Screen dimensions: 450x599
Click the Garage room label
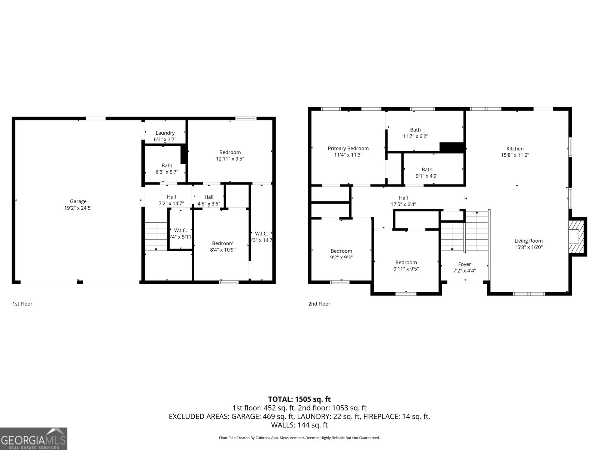(x=78, y=201)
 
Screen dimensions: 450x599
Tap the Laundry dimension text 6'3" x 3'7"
(x=165, y=139)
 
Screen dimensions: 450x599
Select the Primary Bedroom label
(x=348, y=148)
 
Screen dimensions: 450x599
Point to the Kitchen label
(x=515, y=149)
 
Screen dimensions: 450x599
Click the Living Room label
(x=528, y=241)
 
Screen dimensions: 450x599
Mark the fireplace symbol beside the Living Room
(x=577, y=237)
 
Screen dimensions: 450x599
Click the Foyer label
(x=464, y=264)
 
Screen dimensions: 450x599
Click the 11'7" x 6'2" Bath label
(x=415, y=130)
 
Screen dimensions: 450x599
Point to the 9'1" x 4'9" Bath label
(x=427, y=169)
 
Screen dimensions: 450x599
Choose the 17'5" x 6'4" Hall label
(x=403, y=198)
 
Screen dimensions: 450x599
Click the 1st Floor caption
(x=22, y=304)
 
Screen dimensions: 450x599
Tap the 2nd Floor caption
(x=319, y=304)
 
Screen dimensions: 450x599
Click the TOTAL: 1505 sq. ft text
(x=299, y=399)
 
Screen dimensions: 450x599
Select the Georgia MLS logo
(x=33, y=438)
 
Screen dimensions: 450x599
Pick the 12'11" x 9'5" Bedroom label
(x=230, y=152)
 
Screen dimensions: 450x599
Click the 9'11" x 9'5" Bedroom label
(x=406, y=262)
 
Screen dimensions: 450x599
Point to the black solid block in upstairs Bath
(x=452, y=147)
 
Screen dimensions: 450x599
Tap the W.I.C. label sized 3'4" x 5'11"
(x=180, y=231)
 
